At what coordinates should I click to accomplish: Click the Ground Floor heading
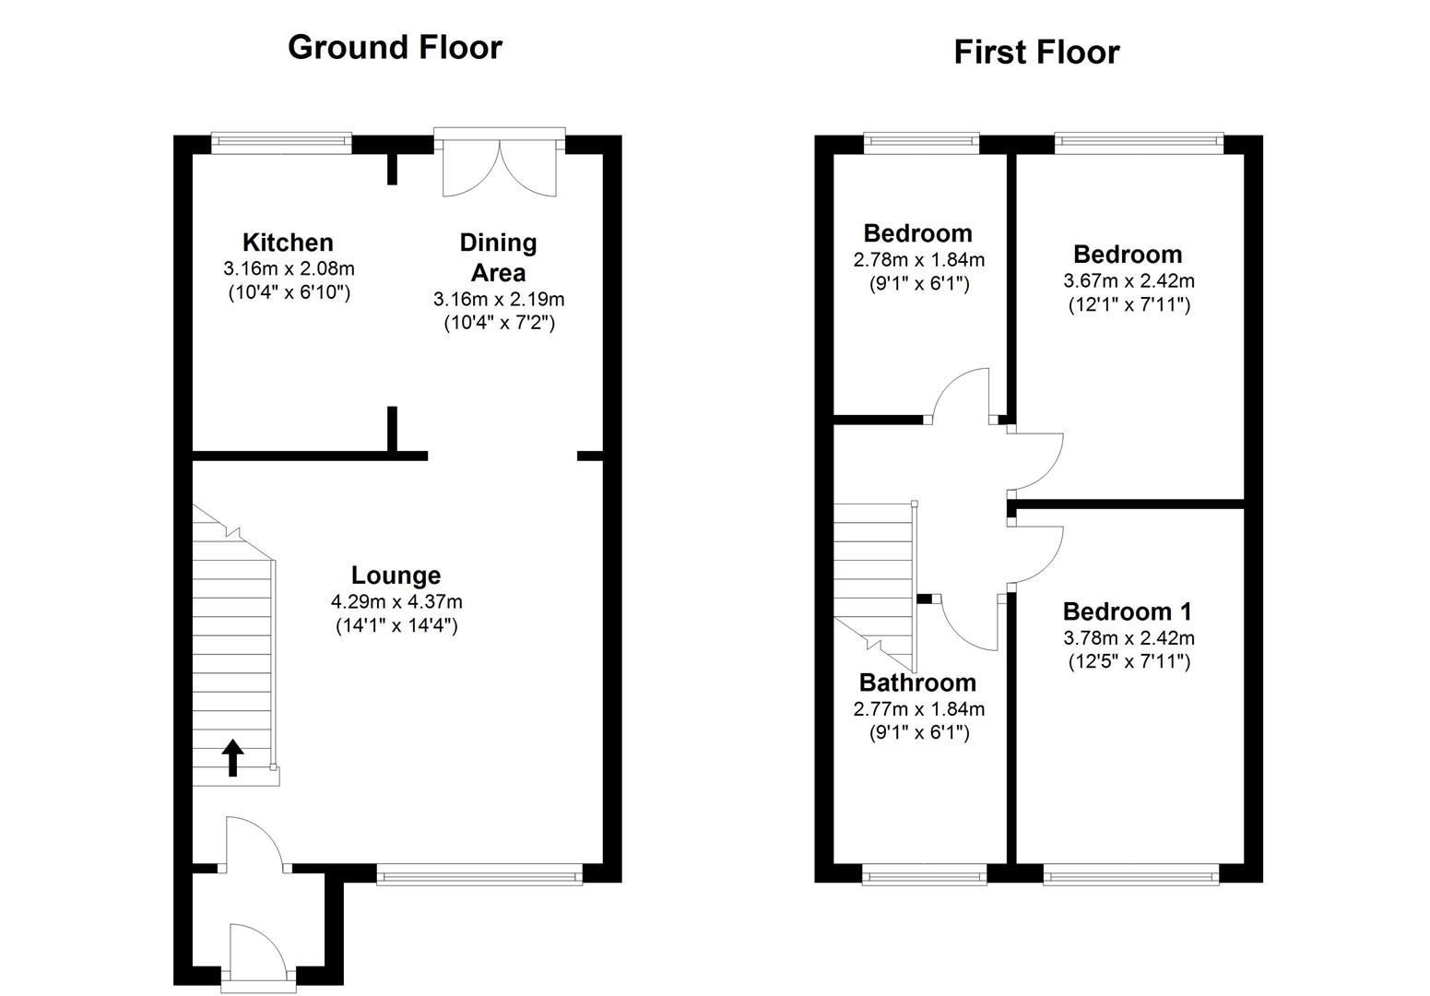pos(395,47)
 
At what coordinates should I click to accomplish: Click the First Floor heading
pos(1036,53)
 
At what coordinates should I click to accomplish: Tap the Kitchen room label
pos(288,243)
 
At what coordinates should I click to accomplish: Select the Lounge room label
pos(396,575)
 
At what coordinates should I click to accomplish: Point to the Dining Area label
pos(498,257)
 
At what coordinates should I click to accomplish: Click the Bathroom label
pos(917,682)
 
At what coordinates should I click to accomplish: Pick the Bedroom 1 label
pos(1128,611)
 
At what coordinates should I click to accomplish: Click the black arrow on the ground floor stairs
pos(233,757)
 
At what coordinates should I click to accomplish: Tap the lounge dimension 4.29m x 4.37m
pos(396,602)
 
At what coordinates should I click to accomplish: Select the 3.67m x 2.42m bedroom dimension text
pos(1129,280)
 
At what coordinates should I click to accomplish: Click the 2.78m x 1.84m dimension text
pos(918,260)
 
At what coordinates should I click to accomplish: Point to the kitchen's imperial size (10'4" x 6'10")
pos(289,293)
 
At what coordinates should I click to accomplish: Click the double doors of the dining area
pos(499,167)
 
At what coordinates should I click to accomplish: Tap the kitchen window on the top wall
pos(281,141)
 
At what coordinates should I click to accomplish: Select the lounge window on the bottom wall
pos(479,873)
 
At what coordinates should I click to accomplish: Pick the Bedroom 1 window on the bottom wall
pos(1131,873)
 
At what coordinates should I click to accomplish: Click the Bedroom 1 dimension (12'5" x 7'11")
pos(1129,661)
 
